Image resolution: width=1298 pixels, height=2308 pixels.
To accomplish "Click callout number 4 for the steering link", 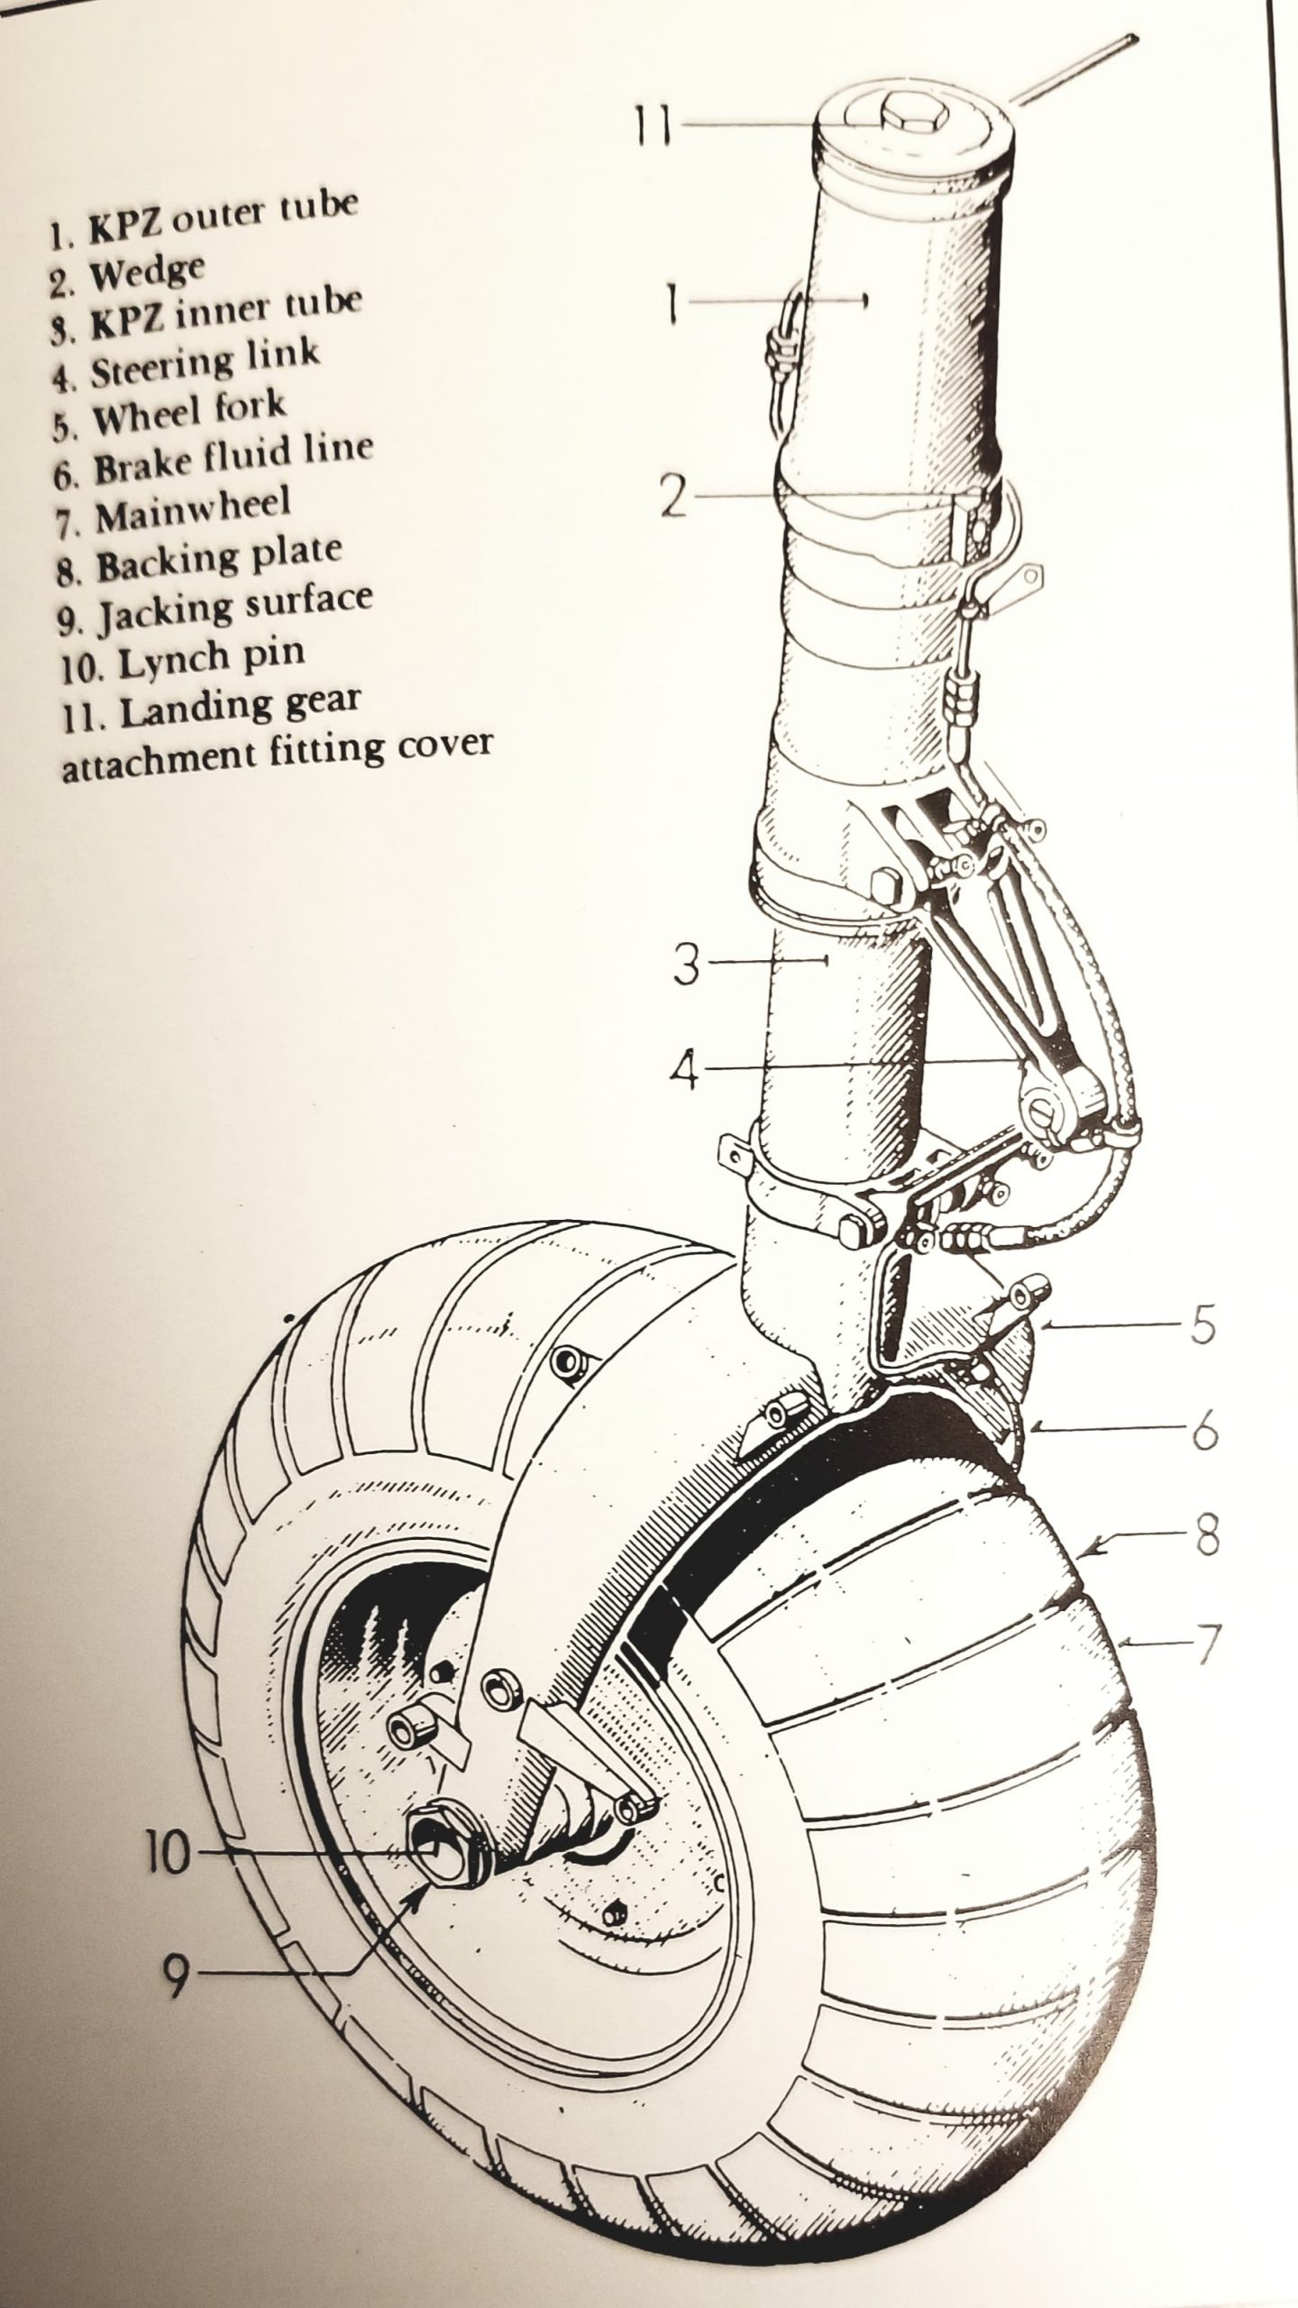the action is pos(687,1070).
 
